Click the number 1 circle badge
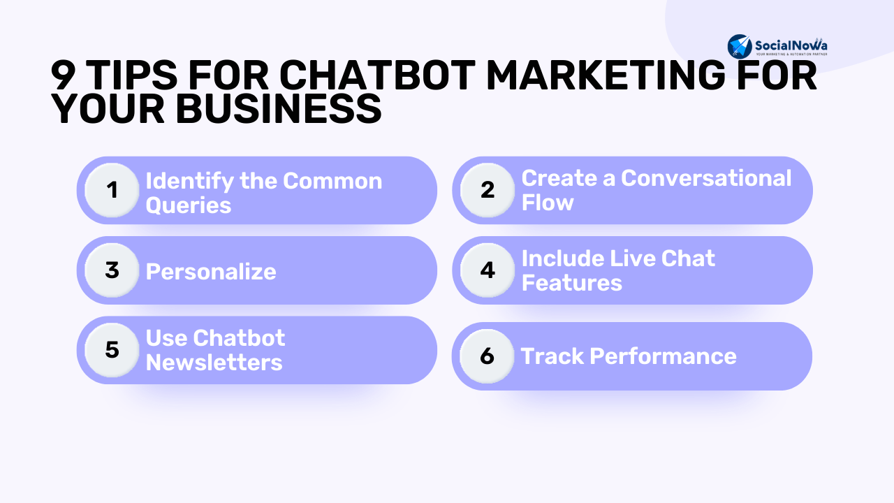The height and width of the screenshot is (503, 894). pos(112,190)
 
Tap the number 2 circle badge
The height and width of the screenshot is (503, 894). pos(488,190)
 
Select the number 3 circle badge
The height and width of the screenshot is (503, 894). pos(112,270)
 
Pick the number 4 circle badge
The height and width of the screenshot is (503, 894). pos(488,270)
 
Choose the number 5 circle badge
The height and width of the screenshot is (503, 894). pos(112,350)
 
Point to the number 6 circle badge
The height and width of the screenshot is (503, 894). pos(487,356)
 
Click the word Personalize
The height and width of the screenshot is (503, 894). pos(211,272)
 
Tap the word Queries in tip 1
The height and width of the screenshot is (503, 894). pos(189,206)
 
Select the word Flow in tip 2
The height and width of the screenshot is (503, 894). pos(548,203)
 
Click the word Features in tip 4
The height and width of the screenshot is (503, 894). pos(572,283)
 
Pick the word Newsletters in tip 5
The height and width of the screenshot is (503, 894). pos(214,363)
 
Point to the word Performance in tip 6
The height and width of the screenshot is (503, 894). pos(663,356)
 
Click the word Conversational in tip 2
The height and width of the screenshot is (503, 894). pos(706,178)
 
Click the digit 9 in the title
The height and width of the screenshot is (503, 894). pos(63,75)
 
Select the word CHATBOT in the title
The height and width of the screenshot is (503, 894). pos(377,75)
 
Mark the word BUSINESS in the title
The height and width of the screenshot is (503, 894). pos(278,108)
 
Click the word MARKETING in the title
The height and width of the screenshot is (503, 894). pos(606,75)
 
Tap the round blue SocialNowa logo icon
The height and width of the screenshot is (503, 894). pos(740,46)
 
